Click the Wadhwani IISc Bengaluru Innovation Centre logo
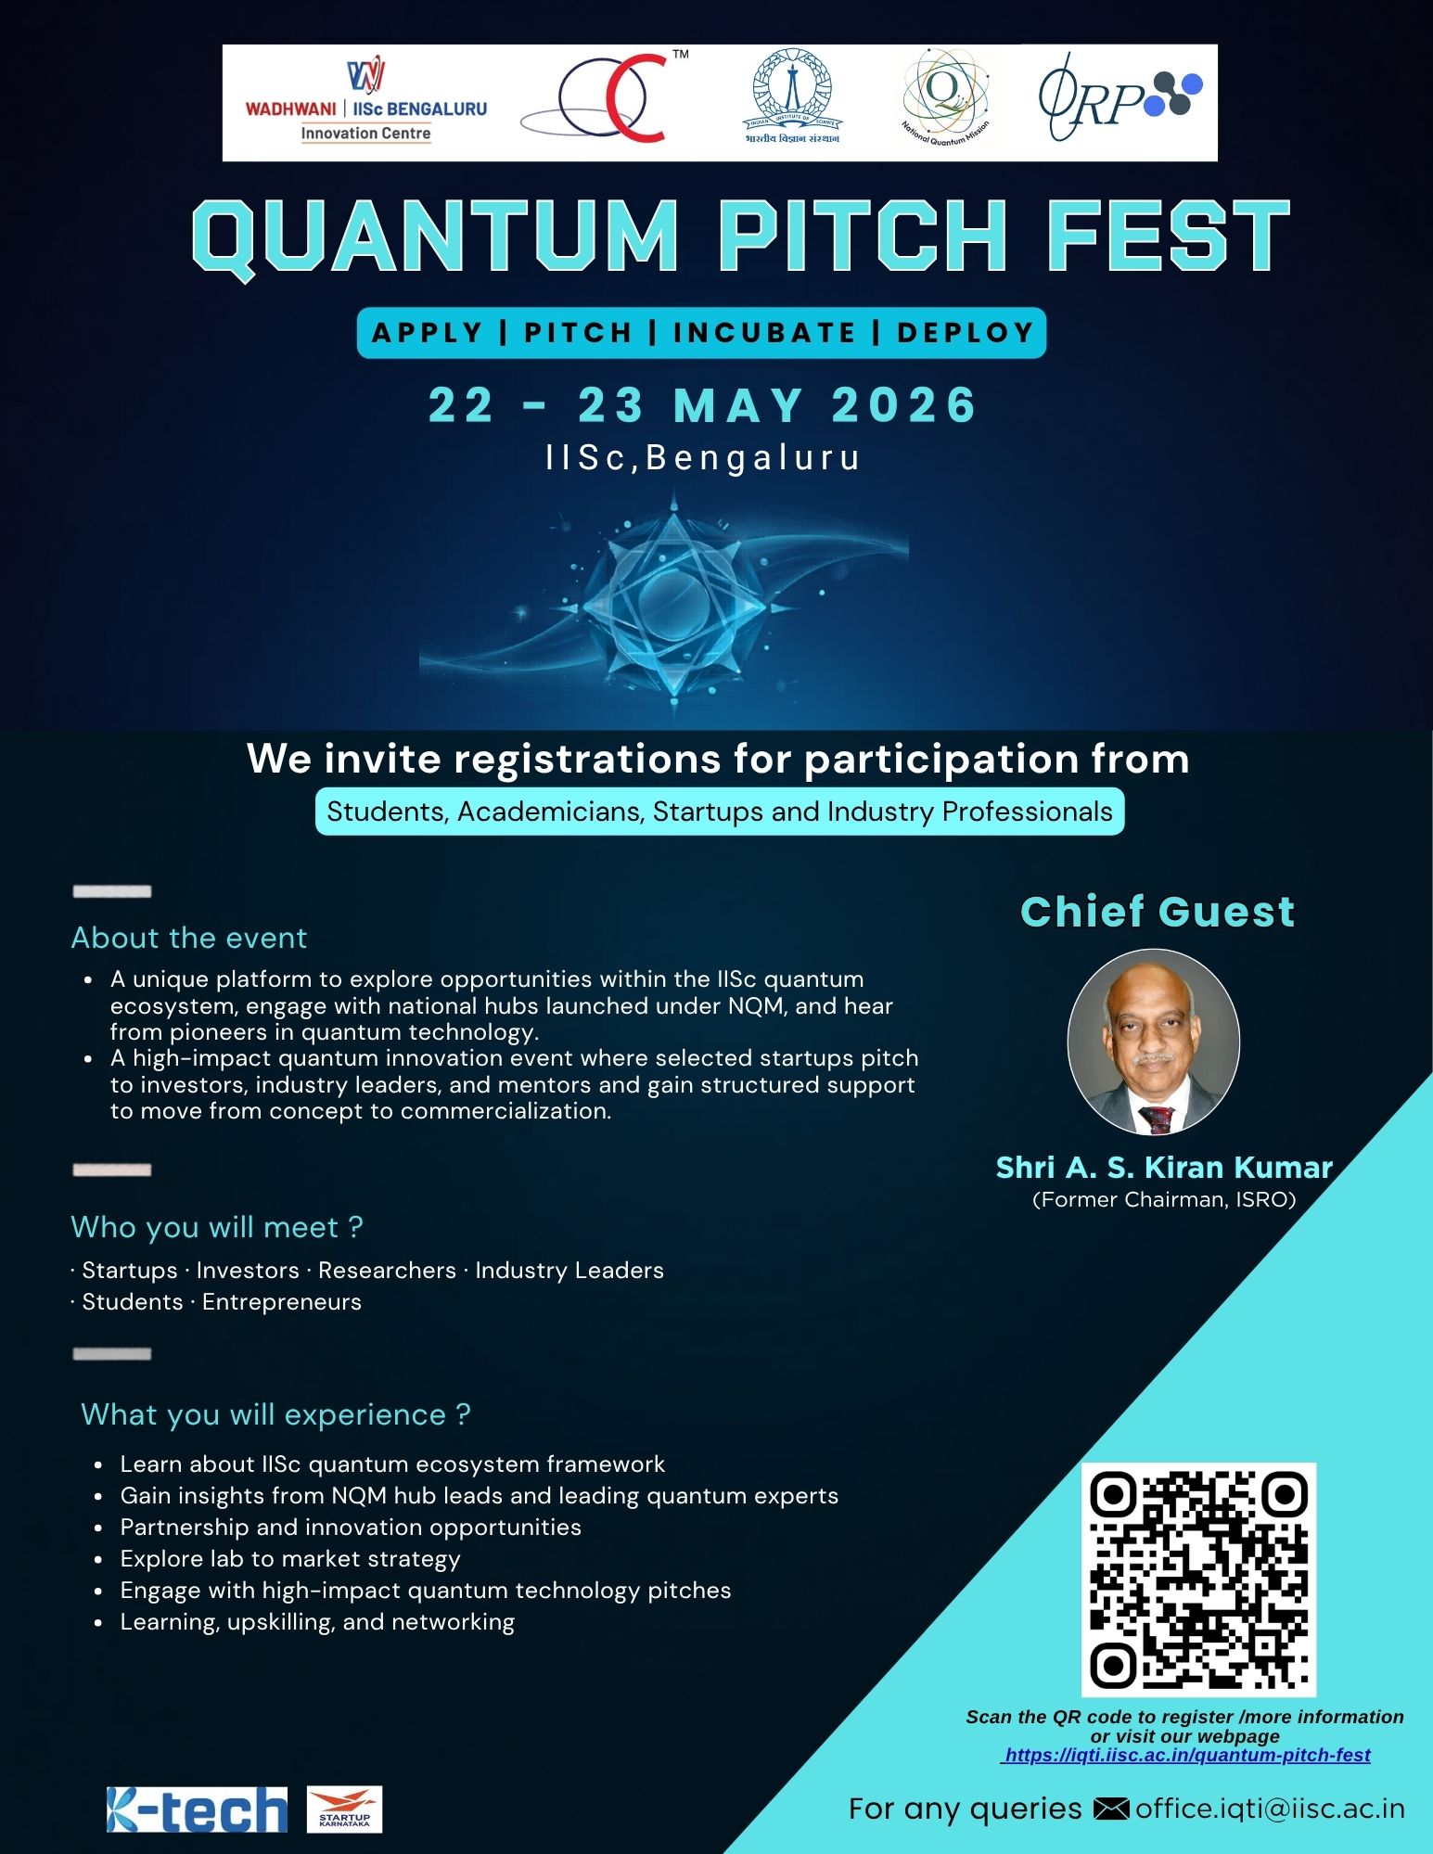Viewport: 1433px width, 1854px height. (x=365, y=102)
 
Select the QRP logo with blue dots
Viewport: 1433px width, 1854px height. (x=1120, y=96)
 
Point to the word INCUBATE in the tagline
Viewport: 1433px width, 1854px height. (x=764, y=332)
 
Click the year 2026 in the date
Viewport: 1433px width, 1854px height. (x=904, y=405)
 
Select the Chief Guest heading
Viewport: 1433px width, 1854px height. (x=1158, y=912)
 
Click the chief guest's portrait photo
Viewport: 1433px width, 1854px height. (x=1154, y=1042)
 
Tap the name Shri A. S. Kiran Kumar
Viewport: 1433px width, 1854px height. (x=1164, y=1167)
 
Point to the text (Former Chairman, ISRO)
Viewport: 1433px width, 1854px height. (x=1164, y=1200)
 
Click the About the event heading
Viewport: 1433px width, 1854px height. (x=189, y=938)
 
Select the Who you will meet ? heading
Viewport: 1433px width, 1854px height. (x=217, y=1227)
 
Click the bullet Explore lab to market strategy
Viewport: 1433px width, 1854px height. (x=290, y=1559)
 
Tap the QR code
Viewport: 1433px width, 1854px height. (x=1198, y=1579)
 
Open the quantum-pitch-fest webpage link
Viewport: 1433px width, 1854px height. (x=1187, y=1755)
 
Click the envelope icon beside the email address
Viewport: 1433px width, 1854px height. (x=1111, y=1809)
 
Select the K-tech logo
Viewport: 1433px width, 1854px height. (x=197, y=1809)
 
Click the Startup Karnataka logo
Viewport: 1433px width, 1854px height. (x=344, y=1809)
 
